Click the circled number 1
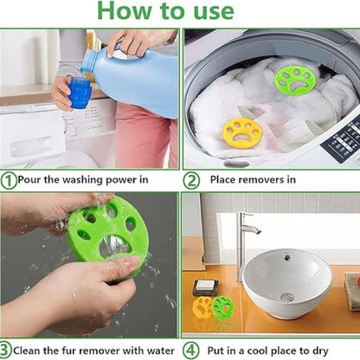coord(9,181)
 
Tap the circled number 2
coord(191,181)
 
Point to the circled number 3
coord(5,350)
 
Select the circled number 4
coord(190,350)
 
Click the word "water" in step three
coord(160,351)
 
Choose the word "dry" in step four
coord(320,351)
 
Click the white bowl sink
coord(286,282)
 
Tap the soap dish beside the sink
coord(206,288)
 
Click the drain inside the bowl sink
coord(287,297)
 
